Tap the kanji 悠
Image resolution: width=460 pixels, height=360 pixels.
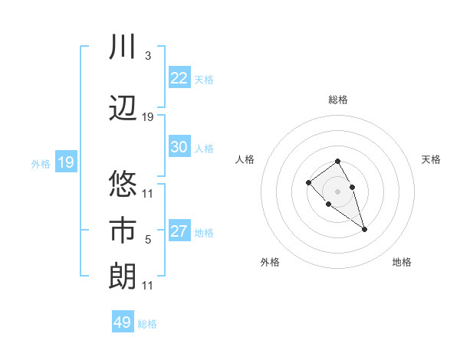(123, 185)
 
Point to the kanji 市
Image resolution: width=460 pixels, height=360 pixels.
(123, 231)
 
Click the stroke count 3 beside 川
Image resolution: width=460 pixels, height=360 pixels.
(147, 56)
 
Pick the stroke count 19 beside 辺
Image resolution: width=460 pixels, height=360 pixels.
(148, 116)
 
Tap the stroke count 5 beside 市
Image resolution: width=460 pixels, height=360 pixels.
(148, 240)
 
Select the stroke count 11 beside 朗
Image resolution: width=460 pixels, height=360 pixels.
(148, 286)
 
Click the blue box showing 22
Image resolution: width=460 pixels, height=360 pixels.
(179, 78)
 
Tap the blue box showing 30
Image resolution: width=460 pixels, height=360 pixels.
(179, 147)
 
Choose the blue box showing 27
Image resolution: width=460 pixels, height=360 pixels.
(179, 231)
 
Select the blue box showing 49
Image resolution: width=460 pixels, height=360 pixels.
(123, 322)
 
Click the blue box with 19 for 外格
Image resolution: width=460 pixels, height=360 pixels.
(66, 162)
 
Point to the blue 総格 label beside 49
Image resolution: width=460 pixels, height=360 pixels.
(147, 324)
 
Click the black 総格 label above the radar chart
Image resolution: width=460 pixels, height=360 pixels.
(338, 100)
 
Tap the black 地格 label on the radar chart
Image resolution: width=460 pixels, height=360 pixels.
(402, 262)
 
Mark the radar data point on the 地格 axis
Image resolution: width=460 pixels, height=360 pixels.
(364, 229)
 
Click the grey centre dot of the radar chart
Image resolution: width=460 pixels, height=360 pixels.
(338, 191)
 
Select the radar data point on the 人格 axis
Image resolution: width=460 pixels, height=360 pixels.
(308, 182)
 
